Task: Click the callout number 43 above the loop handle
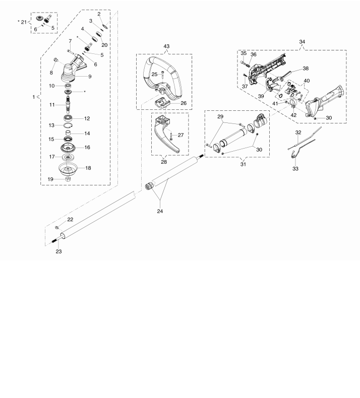[x=166, y=46]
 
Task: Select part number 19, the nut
[x=68, y=179]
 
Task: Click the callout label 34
[x=302, y=42]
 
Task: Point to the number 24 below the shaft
[x=160, y=211]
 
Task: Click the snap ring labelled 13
[x=68, y=125]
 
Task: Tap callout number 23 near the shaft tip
[x=58, y=251]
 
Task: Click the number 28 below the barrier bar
[x=164, y=162]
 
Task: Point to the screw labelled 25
[x=162, y=75]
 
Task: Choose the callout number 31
[x=243, y=164]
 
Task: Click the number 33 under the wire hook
[x=295, y=169]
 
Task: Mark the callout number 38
[x=306, y=69]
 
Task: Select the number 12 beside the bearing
[x=87, y=118]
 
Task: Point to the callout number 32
[x=298, y=132]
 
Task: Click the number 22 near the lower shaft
[x=70, y=220]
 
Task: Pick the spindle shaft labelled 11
[x=68, y=104]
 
